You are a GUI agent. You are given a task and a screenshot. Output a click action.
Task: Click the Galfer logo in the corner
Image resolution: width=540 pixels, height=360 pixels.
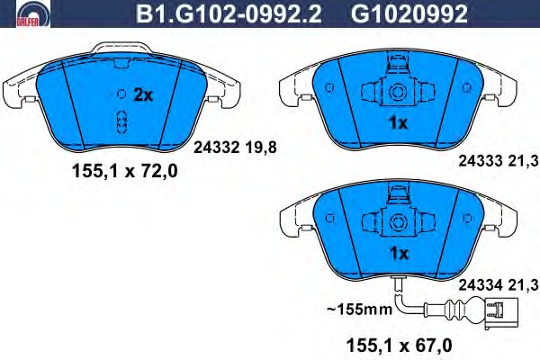pos(33,13)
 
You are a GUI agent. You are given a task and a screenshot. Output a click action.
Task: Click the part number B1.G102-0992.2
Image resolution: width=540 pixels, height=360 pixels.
pos(229,13)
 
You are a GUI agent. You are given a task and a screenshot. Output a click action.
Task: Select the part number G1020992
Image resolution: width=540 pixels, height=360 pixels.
pos(409,13)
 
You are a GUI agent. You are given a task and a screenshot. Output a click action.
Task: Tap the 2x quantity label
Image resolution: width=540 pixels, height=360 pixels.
pos(143,94)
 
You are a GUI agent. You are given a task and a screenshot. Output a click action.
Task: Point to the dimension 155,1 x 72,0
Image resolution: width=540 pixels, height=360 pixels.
pos(125,171)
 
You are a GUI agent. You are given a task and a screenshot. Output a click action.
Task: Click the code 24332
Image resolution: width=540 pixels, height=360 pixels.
pos(216,148)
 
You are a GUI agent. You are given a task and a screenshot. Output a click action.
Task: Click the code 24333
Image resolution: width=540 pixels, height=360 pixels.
pos(481,161)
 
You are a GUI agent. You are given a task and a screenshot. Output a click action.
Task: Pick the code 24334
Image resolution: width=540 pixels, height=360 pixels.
pos(481,285)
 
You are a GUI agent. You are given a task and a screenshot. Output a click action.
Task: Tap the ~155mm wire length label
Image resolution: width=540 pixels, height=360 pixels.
pos(359,309)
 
